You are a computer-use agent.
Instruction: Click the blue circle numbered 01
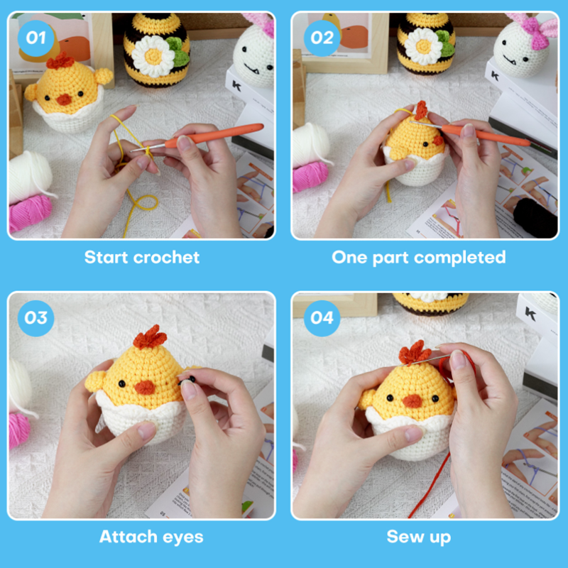click(36, 38)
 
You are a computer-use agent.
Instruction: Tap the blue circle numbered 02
click(322, 38)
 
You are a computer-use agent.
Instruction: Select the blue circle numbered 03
click(36, 318)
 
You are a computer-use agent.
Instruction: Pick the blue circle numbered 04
click(322, 318)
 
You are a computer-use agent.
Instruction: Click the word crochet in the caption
click(166, 257)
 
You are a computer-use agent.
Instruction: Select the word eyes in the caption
click(183, 537)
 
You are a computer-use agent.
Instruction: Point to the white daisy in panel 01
click(153, 56)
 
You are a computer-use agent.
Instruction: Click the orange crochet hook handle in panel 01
click(214, 133)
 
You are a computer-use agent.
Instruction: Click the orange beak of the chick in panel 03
click(145, 387)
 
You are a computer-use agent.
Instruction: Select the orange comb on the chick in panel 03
click(149, 337)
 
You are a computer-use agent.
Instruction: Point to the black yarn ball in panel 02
click(535, 217)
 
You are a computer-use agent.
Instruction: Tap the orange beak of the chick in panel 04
click(413, 401)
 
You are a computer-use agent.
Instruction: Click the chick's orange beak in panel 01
click(64, 99)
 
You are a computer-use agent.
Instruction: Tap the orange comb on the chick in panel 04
click(415, 352)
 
